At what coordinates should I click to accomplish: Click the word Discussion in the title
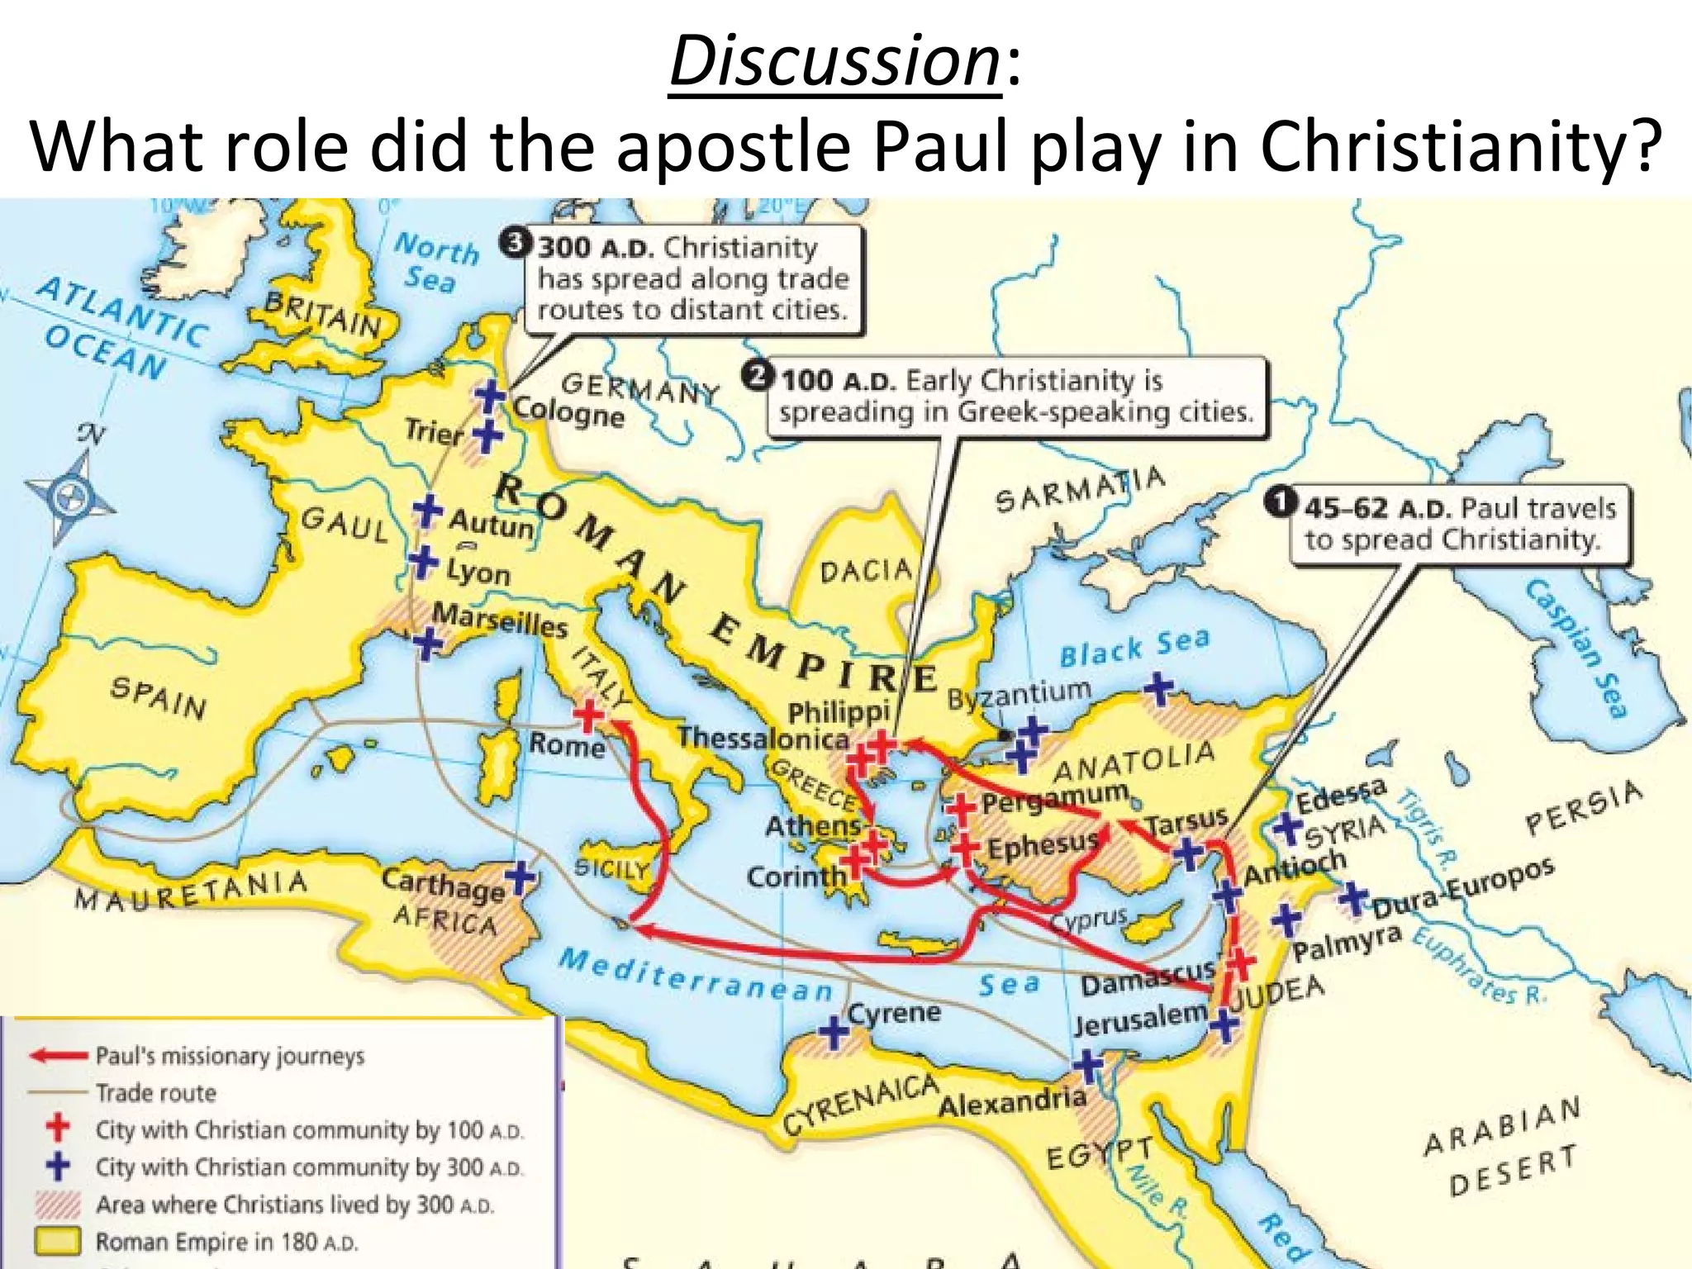[834, 62]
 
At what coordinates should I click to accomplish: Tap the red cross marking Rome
[588, 715]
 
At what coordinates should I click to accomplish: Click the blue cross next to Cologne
[490, 397]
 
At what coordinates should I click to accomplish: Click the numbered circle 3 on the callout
[514, 243]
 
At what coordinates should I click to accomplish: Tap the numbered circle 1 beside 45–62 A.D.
[1280, 502]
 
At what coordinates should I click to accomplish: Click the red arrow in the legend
[58, 1056]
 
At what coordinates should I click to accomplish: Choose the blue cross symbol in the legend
[58, 1166]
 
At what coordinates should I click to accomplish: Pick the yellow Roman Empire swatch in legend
[58, 1240]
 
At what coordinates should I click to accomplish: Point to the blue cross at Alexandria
[1087, 1066]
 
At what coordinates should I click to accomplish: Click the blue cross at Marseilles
[427, 644]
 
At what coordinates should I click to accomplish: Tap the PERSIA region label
[1583, 809]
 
